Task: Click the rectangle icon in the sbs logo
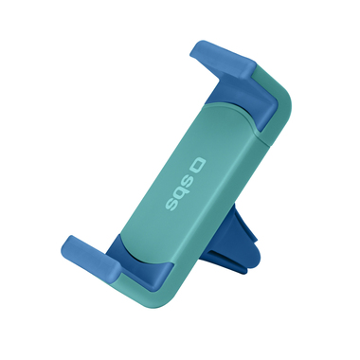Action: pos(198,167)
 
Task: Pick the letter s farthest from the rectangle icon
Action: pos(171,205)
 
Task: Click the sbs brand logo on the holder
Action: pos(186,186)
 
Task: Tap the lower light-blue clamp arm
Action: pos(92,256)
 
